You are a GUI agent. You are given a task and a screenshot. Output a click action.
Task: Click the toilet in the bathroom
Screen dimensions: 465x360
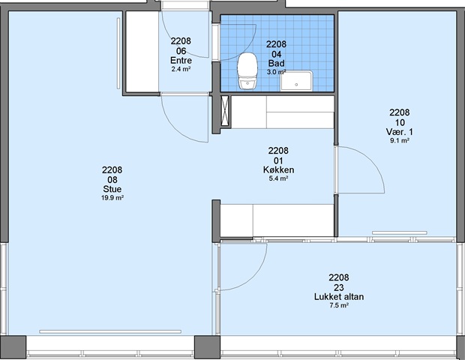click(x=247, y=70)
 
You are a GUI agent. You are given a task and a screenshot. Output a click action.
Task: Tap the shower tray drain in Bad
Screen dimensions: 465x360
click(x=296, y=85)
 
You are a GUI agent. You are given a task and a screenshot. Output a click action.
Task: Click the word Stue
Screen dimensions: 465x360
click(x=112, y=189)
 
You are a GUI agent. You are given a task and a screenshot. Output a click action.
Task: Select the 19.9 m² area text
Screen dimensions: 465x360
click(x=112, y=198)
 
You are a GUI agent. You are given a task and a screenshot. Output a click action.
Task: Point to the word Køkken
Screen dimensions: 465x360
click(x=278, y=169)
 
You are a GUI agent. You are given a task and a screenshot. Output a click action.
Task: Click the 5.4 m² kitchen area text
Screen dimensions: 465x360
click(x=278, y=178)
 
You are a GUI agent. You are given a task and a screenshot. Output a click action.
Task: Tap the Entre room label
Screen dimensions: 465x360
click(x=181, y=61)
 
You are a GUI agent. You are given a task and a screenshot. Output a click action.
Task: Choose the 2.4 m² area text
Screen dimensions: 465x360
click(x=181, y=70)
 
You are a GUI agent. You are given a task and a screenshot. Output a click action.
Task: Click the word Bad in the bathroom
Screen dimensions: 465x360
click(x=277, y=63)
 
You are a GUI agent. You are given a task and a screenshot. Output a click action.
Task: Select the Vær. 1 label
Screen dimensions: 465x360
click(x=400, y=132)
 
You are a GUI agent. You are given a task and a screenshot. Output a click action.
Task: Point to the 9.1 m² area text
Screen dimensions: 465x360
click(x=400, y=140)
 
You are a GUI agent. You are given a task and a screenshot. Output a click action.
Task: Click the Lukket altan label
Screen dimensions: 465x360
click(x=339, y=296)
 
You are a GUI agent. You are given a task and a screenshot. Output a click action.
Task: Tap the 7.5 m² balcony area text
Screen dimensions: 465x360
click(x=339, y=305)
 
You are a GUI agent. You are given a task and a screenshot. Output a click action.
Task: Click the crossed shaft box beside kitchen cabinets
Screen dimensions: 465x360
click(x=226, y=110)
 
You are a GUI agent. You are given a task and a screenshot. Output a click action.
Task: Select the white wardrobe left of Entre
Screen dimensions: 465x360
click(x=142, y=52)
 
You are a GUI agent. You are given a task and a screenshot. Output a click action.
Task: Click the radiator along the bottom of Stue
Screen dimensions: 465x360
click(x=110, y=331)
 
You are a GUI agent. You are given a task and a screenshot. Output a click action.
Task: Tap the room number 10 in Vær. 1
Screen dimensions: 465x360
click(x=400, y=122)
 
